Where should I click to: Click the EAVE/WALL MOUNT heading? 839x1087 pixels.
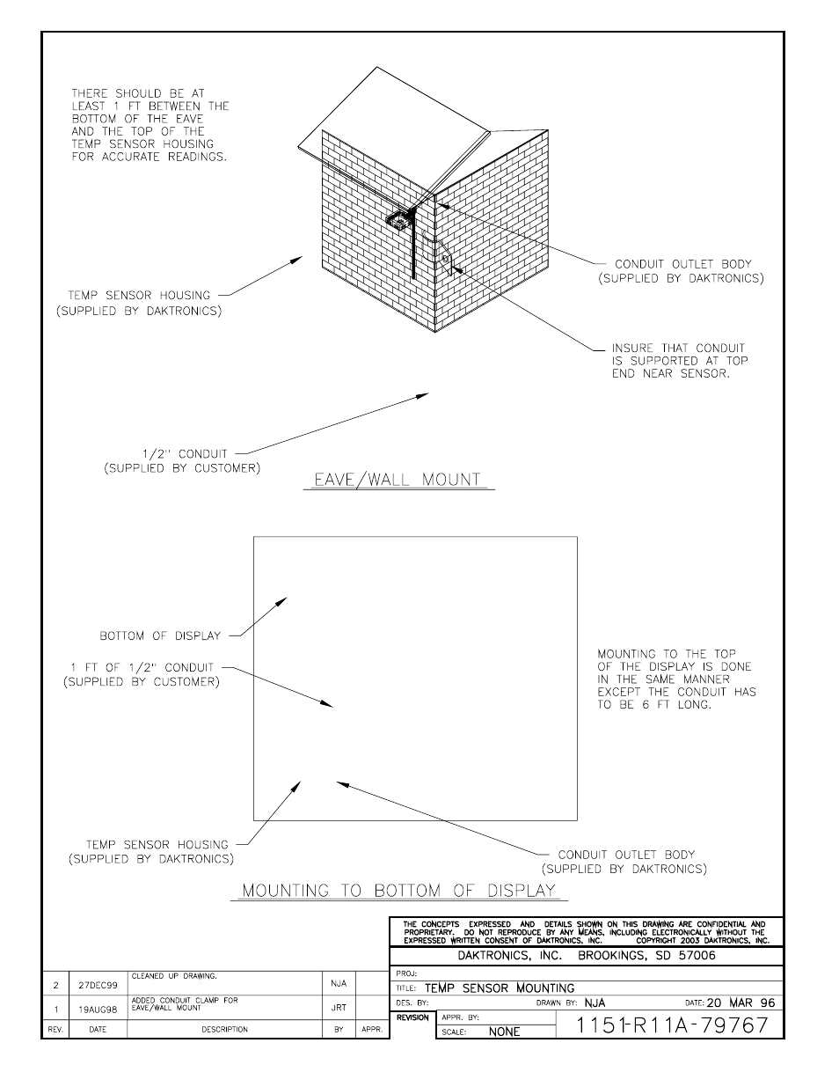point(398,480)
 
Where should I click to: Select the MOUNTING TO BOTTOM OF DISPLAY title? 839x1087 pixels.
point(398,890)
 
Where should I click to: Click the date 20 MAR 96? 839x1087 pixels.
point(741,1003)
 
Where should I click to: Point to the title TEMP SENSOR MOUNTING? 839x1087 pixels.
point(499,988)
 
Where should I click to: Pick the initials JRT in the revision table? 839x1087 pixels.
point(339,1008)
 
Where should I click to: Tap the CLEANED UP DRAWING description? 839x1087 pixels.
point(174,976)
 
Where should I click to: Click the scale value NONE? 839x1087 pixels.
point(504,1032)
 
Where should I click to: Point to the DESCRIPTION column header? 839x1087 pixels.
point(224,1029)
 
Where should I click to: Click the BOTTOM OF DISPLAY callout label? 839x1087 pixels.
point(159,635)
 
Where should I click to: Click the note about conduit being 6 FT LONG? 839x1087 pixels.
point(675,679)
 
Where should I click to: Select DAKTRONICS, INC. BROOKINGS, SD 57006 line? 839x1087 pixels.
point(586,955)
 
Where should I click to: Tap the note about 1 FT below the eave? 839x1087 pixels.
point(150,125)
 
